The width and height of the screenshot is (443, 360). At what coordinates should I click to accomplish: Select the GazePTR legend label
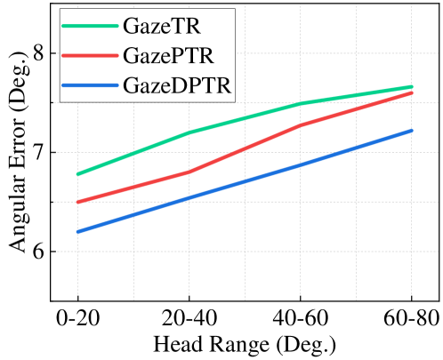click(x=169, y=57)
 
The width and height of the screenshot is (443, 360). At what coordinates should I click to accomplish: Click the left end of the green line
click(x=77, y=174)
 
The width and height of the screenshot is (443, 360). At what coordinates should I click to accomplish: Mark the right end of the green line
click(x=412, y=86)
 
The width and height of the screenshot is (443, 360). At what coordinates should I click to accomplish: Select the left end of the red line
click(x=77, y=203)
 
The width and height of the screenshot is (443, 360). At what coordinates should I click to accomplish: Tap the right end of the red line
click(x=412, y=92)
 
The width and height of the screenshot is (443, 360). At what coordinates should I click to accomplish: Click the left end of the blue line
click(x=77, y=232)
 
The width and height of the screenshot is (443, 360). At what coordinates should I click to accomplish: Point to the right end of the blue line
click(x=412, y=131)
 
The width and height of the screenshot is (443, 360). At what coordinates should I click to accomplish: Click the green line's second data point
click(x=189, y=133)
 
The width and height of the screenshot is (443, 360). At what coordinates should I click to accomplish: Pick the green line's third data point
click(x=301, y=103)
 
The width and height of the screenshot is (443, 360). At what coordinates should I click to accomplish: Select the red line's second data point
click(x=189, y=172)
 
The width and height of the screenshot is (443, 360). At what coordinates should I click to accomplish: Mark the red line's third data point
click(x=301, y=125)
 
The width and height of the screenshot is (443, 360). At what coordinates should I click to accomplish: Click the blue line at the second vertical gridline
click(x=189, y=198)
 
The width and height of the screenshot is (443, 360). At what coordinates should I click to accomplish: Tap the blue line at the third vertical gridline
click(x=301, y=164)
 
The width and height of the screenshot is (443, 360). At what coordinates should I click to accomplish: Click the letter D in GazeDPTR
click(x=170, y=87)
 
